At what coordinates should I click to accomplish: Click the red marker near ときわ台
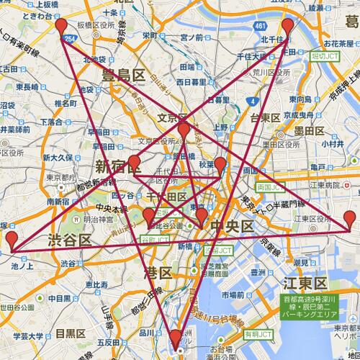[61, 27]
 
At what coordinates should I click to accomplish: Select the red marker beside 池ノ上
[12, 240]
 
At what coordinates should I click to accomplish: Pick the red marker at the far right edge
[350, 219]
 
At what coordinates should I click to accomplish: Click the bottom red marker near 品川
[176, 338]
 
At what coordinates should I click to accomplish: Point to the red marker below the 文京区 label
[184, 130]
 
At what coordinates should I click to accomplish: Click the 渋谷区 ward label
[69, 240]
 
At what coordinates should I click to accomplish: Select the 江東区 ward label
[305, 282]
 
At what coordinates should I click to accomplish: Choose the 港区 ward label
[158, 273]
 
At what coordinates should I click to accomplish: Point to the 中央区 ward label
[232, 227]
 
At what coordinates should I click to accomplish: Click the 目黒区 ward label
[71, 333]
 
